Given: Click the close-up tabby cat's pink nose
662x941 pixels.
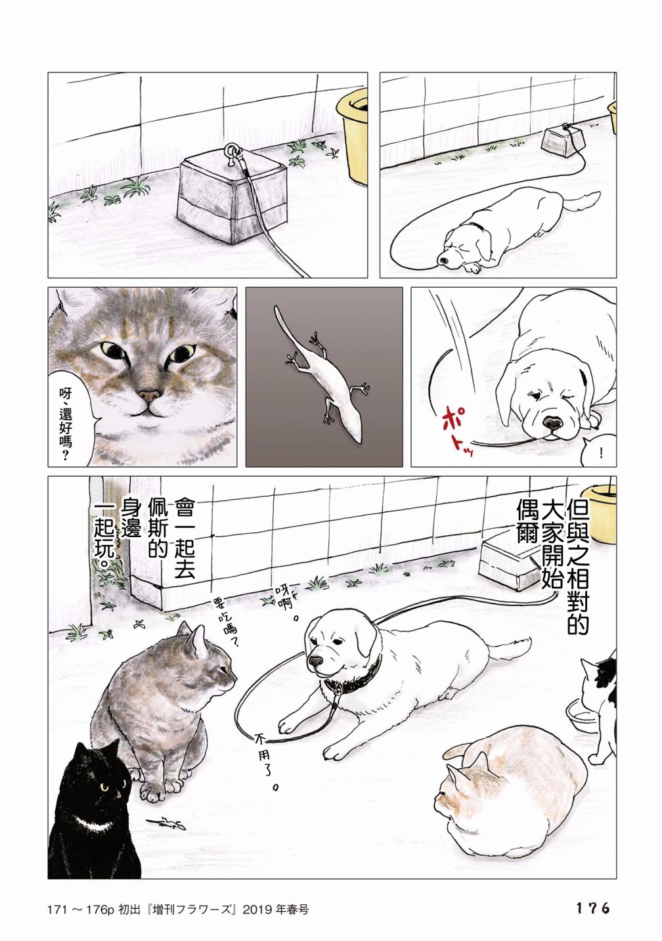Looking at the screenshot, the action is (x=150, y=395).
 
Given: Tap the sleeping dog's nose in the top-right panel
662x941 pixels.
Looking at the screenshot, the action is (x=443, y=261).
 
